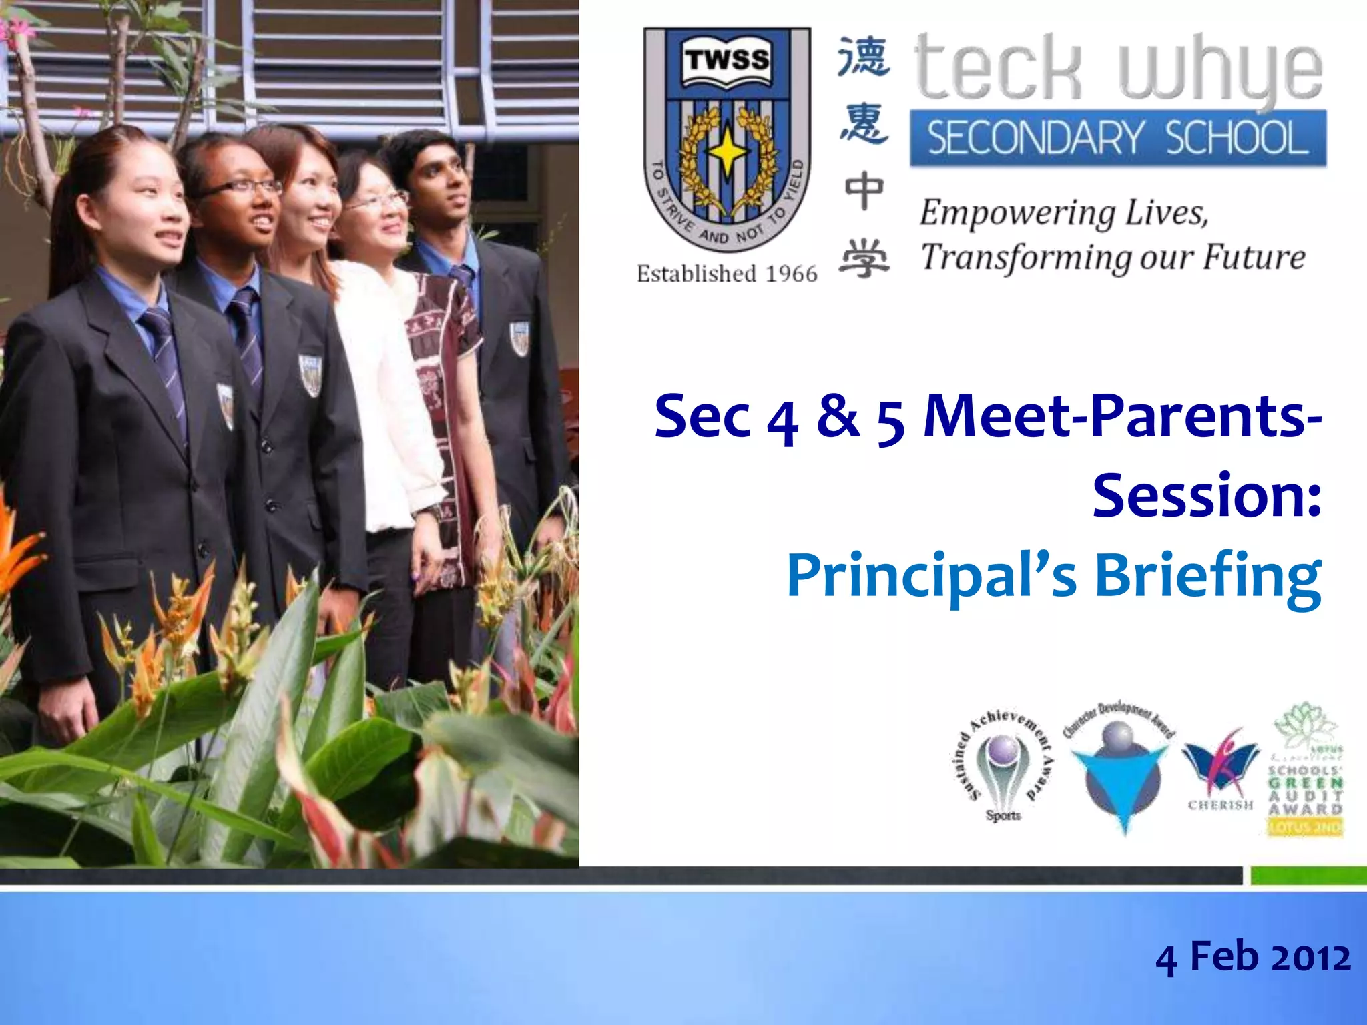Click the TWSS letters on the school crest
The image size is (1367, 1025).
click(x=727, y=59)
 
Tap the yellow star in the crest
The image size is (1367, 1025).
click(x=727, y=152)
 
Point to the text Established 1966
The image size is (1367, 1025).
click(x=727, y=274)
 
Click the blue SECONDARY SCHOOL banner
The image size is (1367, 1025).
click(x=1118, y=138)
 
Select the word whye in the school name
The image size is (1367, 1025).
click(x=1219, y=70)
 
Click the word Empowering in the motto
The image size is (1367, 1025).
click(x=1017, y=214)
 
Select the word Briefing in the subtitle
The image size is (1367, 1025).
click(x=1208, y=575)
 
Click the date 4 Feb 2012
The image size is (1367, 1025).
click(x=1253, y=957)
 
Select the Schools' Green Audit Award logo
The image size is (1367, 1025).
click(x=1305, y=771)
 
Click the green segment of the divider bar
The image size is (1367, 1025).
click(x=1308, y=876)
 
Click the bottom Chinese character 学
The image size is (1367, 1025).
click(x=864, y=258)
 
